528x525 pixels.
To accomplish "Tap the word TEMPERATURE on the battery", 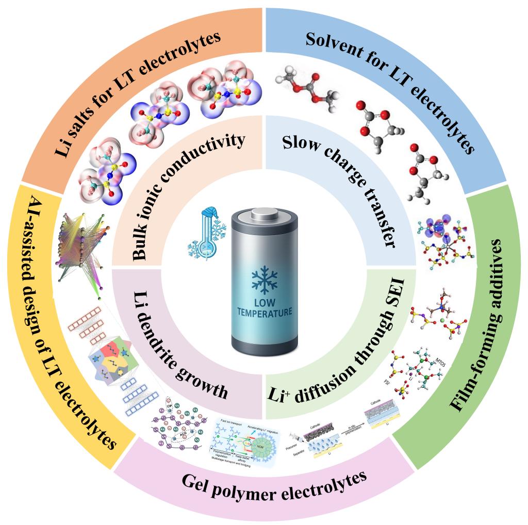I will (x=265, y=312).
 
